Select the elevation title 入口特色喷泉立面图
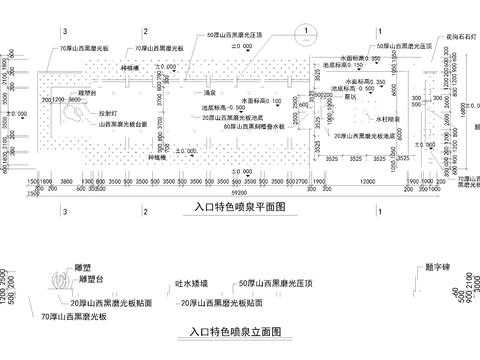point(235,330)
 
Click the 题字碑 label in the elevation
point(440,268)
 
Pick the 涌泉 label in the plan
point(210,90)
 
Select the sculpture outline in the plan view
point(75,114)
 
